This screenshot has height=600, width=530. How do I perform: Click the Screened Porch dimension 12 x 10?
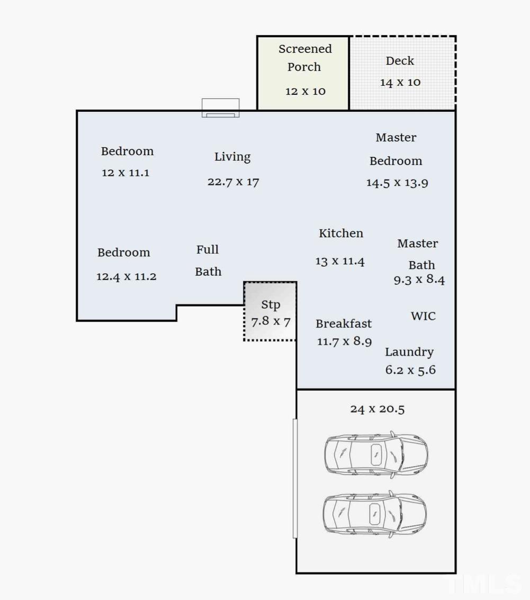306,91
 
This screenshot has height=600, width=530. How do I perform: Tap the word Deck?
400,61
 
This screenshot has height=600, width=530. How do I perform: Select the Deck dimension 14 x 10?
400,82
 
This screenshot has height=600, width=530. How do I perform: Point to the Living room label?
232,157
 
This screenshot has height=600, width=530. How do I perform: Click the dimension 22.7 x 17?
233,182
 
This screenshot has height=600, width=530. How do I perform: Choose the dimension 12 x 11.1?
125,173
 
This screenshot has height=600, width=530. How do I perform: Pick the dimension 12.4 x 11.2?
127,276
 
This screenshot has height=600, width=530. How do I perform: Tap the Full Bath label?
208,260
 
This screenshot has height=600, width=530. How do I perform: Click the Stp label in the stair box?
271,305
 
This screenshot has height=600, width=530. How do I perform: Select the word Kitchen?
341,233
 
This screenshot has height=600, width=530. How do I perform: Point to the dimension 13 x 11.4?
340,261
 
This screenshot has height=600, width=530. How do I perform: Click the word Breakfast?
344,324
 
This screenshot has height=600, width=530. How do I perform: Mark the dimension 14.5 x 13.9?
397,183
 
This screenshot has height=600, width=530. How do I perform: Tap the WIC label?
423,316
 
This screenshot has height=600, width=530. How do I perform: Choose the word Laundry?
409,352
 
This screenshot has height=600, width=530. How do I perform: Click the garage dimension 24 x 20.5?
378,409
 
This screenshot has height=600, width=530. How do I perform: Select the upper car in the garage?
376,455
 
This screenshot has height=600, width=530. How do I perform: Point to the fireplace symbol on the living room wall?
220,108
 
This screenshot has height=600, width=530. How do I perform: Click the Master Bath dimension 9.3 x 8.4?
419,280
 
